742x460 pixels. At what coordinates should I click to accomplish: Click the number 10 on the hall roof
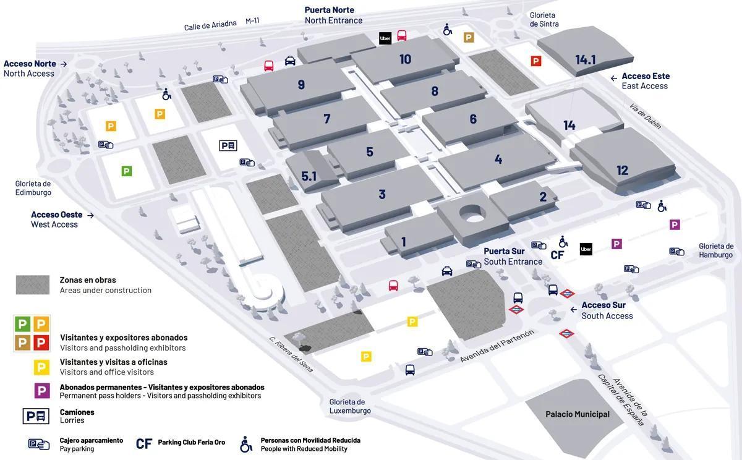405,59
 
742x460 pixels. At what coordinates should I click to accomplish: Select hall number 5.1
309,176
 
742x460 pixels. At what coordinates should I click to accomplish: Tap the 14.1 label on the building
585,60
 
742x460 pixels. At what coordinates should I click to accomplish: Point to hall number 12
622,170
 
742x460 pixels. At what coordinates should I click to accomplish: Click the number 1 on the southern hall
404,242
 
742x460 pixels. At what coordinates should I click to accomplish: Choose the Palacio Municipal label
577,414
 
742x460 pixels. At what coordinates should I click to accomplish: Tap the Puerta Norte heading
329,10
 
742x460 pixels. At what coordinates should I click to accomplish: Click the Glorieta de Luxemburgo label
350,406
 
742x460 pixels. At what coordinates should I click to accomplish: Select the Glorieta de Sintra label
544,19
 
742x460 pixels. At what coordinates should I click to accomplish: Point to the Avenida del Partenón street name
497,346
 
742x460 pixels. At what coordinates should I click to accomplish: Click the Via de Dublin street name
645,116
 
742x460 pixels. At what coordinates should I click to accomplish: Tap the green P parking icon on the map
127,171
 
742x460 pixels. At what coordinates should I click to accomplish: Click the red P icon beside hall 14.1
536,61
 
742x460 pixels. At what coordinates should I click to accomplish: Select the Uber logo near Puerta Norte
385,38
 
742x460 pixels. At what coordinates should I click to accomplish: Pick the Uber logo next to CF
586,249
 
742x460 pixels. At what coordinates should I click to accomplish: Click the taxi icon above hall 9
290,61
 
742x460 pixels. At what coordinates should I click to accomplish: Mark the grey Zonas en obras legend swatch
33,285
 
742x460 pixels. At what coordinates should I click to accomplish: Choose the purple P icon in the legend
41,391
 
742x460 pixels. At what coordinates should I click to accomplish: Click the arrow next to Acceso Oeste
90,215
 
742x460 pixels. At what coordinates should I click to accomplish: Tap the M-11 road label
252,21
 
